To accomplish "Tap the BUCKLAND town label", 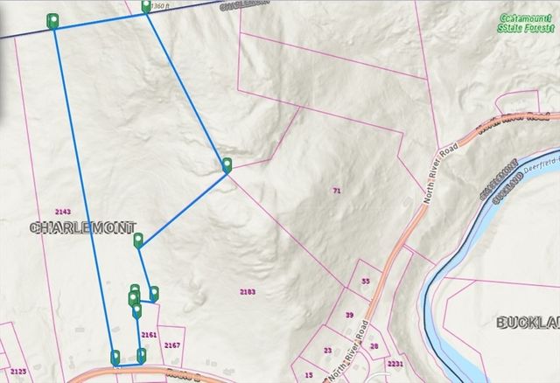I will click(528, 323).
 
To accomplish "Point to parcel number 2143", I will click(62, 212).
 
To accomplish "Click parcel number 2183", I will click(248, 291).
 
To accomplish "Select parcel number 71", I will click(336, 190).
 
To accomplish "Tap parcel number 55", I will click(366, 282).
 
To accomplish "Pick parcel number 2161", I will click(148, 334).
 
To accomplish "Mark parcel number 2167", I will click(171, 345).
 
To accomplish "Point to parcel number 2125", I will click(18, 372).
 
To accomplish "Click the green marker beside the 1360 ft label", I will click(145, 8).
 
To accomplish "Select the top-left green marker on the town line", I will click(53, 20).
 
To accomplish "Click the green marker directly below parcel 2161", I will click(142, 354).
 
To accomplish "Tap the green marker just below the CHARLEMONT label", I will click(138, 240).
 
